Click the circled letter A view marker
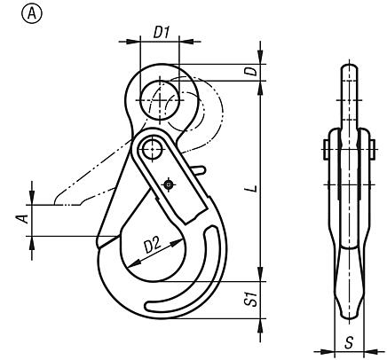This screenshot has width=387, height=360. click(x=15, y=14)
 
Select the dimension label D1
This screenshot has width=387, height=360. click(x=162, y=32)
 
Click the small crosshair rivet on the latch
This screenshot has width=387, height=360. click(x=170, y=184)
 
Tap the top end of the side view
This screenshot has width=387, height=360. click(x=348, y=68)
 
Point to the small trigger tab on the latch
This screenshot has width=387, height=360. click(x=200, y=168)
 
